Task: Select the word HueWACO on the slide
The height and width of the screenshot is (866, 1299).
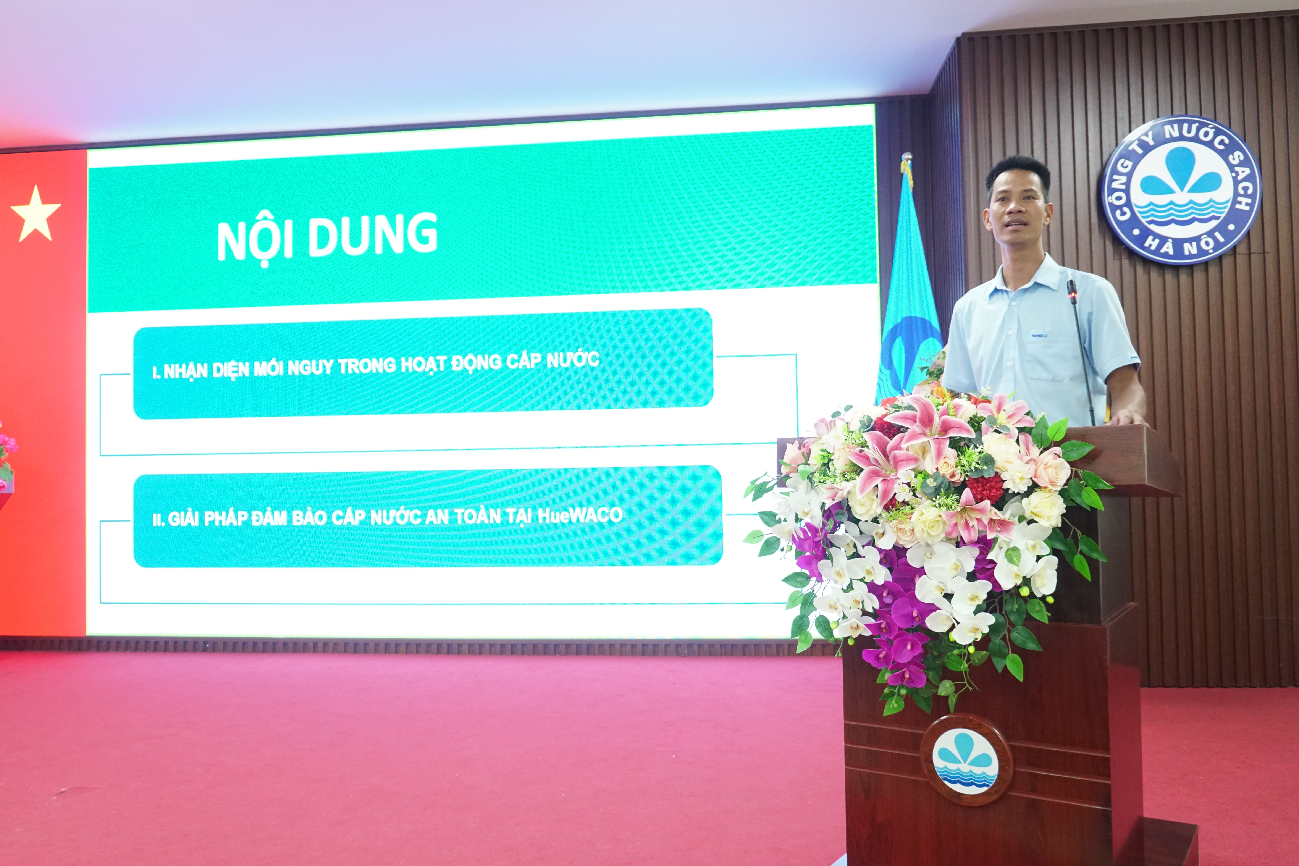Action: pos(580,515)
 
